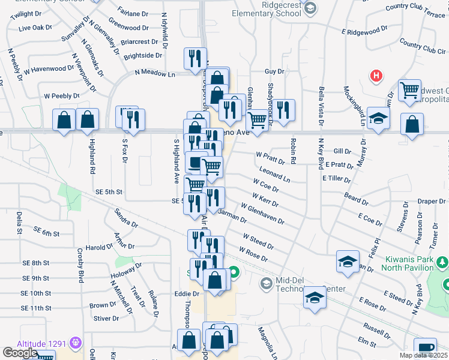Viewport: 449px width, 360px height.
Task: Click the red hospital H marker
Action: tap(376, 76)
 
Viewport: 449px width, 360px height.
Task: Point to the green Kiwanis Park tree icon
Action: tap(442, 262)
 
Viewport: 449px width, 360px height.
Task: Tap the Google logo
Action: tap(20, 353)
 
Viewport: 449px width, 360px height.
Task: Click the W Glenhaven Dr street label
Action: tap(262, 214)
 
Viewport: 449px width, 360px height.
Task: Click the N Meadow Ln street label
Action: tap(154, 73)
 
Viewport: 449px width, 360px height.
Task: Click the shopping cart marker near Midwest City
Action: tap(409, 91)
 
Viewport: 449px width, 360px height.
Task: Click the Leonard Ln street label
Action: tap(275, 176)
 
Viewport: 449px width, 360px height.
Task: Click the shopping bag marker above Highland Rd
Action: tap(88, 120)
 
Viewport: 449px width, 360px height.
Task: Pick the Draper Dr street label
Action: tap(430, 202)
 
